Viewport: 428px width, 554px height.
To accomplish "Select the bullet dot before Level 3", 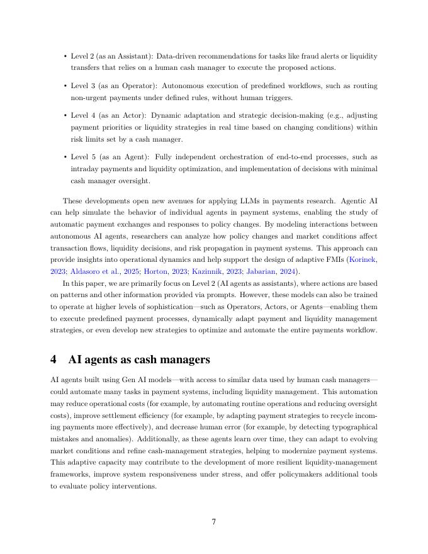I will (65, 86).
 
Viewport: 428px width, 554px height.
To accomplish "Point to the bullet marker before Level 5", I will (65, 157).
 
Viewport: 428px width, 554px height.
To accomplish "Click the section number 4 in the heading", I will (54, 359).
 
